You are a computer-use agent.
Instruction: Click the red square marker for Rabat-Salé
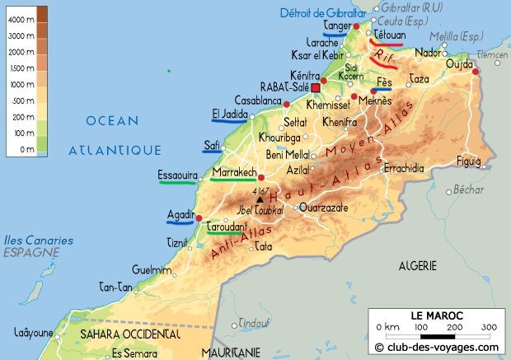315,86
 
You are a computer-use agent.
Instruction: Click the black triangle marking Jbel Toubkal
260,199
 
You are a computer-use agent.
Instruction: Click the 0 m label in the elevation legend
26,149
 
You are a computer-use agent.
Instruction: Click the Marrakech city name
234,172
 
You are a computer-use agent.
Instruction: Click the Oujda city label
459,64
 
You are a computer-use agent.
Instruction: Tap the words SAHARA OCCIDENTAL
129,334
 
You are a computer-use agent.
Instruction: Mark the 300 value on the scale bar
488,327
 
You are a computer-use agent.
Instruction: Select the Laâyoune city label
34,333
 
